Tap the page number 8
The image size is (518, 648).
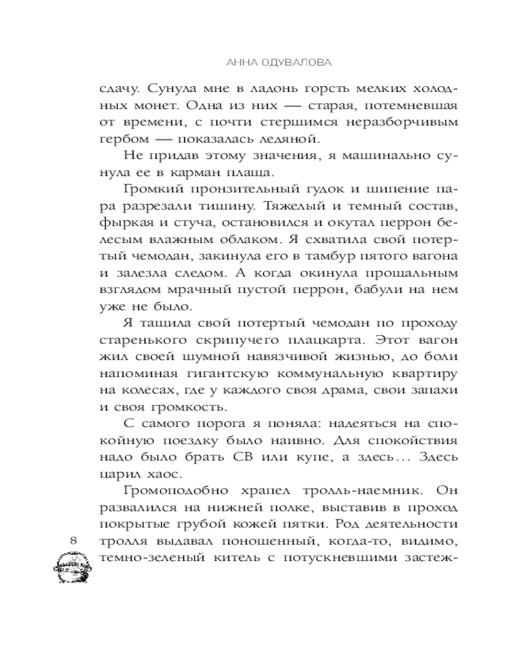click(73, 540)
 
